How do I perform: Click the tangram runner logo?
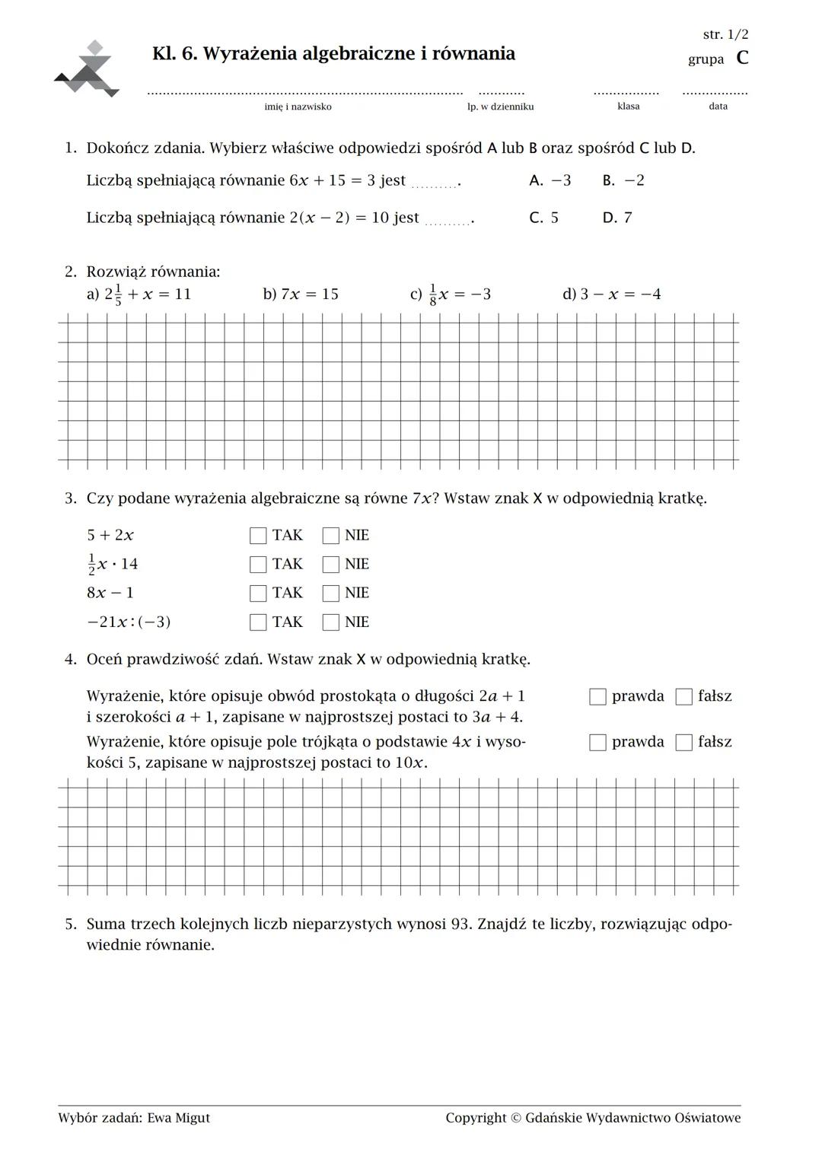click(x=88, y=70)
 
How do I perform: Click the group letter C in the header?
click(x=742, y=58)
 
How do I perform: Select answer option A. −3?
click(x=550, y=180)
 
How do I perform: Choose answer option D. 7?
click(x=616, y=218)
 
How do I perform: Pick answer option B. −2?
click(x=623, y=180)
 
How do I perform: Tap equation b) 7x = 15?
click(x=301, y=294)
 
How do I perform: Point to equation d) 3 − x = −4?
click(x=611, y=294)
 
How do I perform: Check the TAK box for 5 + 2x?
click(x=258, y=536)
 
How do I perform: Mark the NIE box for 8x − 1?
click(x=330, y=594)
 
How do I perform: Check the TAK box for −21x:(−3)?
click(x=258, y=622)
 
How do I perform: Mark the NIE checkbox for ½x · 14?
click(x=330, y=565)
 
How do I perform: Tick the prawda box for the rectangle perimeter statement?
click(x=597, y=697)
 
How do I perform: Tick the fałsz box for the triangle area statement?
click(x=684, y=743)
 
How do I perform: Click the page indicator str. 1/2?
click(x=725, y=34)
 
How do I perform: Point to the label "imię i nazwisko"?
click(x=298, y=107)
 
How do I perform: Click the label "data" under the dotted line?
click(x=718, y=107)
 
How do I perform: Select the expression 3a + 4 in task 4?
click(x=496, y=718)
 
